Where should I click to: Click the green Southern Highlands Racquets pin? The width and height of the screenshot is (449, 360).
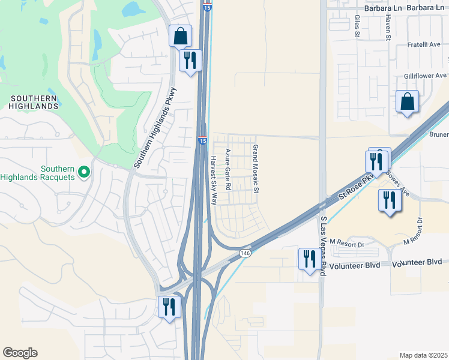tap(84, 172)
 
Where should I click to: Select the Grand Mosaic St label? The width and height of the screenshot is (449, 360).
tap(255, 169)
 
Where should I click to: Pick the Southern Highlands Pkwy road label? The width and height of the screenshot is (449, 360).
tap(157, 127)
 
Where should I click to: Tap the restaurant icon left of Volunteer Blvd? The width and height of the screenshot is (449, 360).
tap(310, 259)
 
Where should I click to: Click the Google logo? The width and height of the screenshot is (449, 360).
tap(20, 353)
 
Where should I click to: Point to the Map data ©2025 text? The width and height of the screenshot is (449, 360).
tap(423, 355)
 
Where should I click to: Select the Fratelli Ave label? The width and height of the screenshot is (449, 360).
tap(421, 44)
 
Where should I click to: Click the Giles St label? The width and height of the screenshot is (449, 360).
tap(357, 26)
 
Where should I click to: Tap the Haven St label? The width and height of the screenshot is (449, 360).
tap(388, 28)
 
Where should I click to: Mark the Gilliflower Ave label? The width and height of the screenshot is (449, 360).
tap(426, 76)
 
